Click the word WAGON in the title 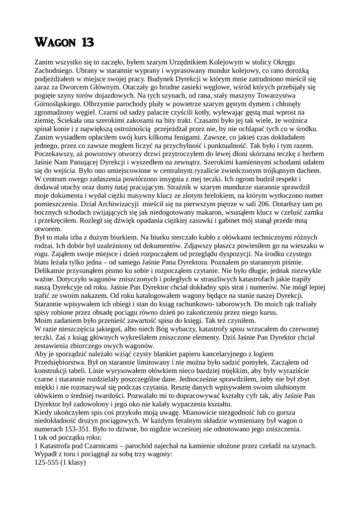[x=56, y=43]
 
